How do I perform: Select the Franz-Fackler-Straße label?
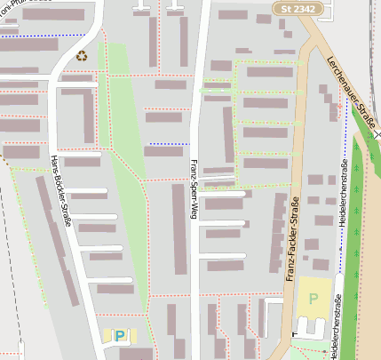coord(292,241)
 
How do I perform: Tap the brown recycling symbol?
coord(82,55)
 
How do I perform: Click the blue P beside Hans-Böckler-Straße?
coord(120,336)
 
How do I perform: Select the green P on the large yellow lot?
coord(313,298)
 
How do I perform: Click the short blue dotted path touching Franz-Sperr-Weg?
coord(169,144)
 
